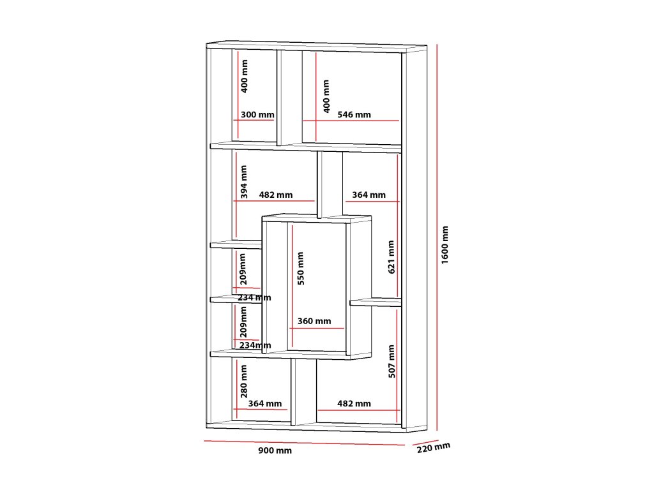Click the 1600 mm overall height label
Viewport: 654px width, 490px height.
(x=445, y=245)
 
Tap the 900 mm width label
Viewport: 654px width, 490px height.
(x=275, y=450)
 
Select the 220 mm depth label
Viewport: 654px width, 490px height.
(x=434, y=448)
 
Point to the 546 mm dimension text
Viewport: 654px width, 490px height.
(x=354, y=115)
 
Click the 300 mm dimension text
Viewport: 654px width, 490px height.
(x=257, y=115)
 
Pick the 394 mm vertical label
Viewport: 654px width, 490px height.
(x=244, y=182)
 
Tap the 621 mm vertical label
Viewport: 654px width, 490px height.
(x=392, y=257)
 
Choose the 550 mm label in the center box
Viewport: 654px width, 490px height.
(x=301, y=269)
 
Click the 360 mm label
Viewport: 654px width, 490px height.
(x=314, y=322)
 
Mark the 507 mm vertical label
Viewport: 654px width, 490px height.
(x=392, y=361)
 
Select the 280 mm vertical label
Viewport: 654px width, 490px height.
(x=244, y=382)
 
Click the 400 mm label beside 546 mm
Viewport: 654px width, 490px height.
(x=326, y=96)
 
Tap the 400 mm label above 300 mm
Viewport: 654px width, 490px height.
(x=245, y=77)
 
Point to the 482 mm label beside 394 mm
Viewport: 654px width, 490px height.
(x=276, y=195)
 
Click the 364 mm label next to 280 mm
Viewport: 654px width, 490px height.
(x=265, y=404)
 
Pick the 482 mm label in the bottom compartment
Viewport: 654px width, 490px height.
(x=354, y=404)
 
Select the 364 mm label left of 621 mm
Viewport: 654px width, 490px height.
(x=369, y=195)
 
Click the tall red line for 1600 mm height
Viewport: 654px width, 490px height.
(x=437, y=237)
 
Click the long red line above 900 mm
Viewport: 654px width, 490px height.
(x=305, y=443)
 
